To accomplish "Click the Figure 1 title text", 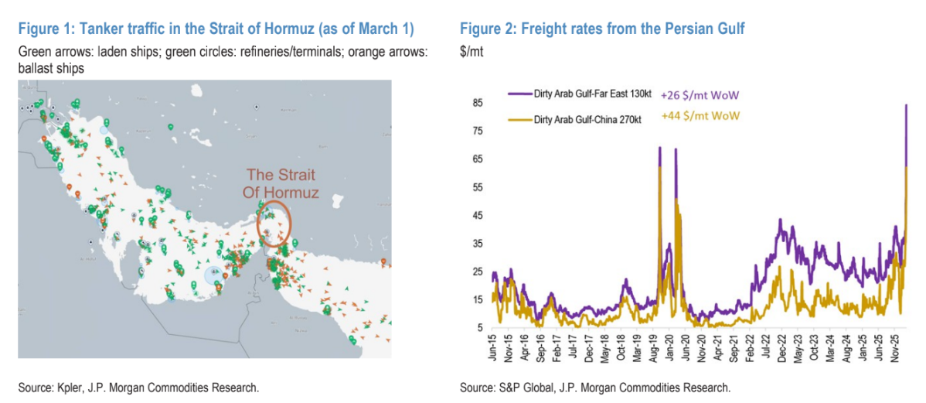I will coord(216,29).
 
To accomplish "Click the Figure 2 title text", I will coord(602,29).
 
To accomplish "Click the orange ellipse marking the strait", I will coord(274,223).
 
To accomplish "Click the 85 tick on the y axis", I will coord(478,104).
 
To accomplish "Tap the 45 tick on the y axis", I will coord(478,216).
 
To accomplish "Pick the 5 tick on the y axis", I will coord(480,328).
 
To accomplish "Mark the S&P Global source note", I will coord(594,387).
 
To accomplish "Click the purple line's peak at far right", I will coord(906,105).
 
